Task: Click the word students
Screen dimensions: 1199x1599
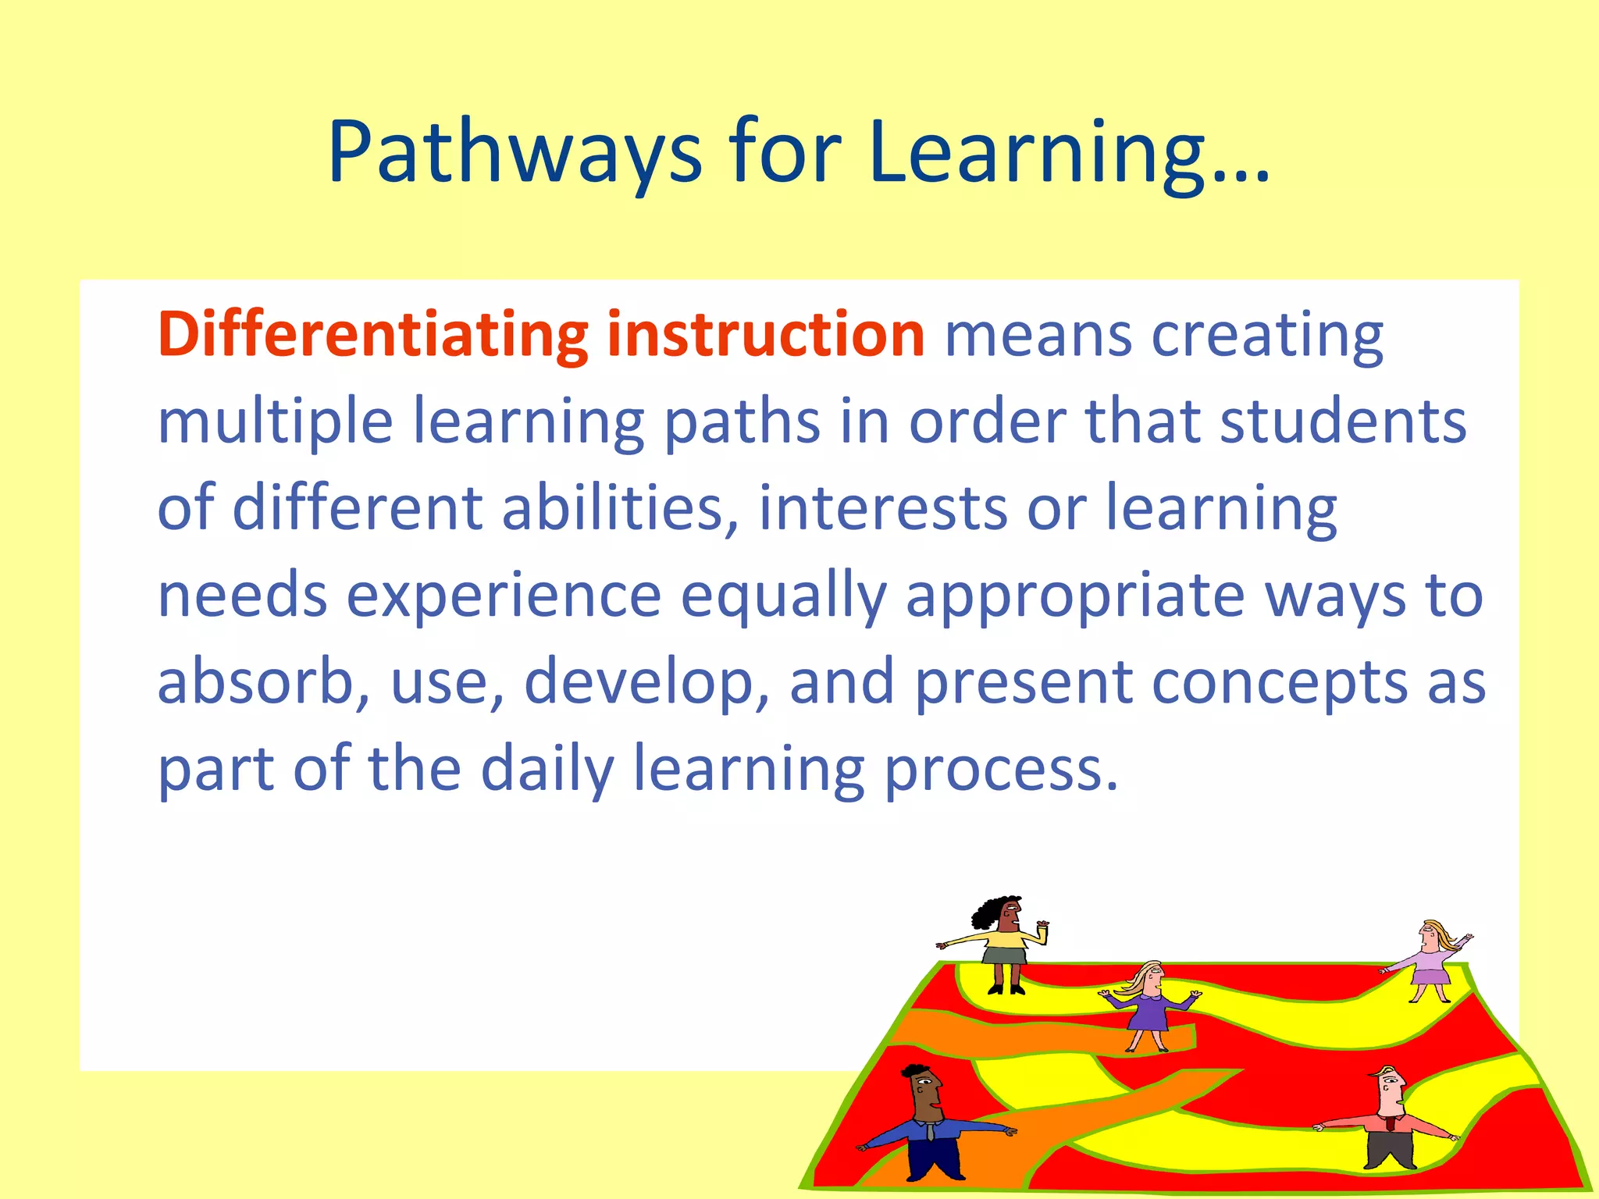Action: [1343, 422]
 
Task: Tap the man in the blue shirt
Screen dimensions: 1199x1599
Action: [929, 1128]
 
